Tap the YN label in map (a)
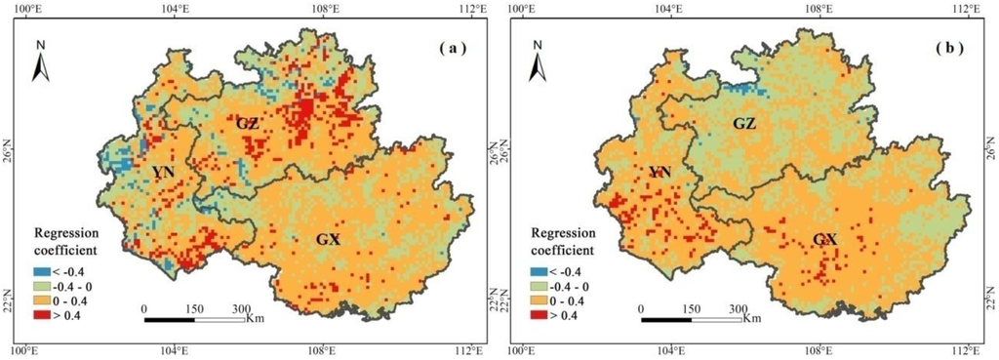pyautogui.click(x=163, y=173)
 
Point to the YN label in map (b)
pyautogui.click(x=661, y=174)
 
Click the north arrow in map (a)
pyautogui.click(x=41, y=61)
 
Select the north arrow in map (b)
pyautogui.click(x=538, y=61)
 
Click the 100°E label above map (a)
pyautogui.click(x=25, y=9)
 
